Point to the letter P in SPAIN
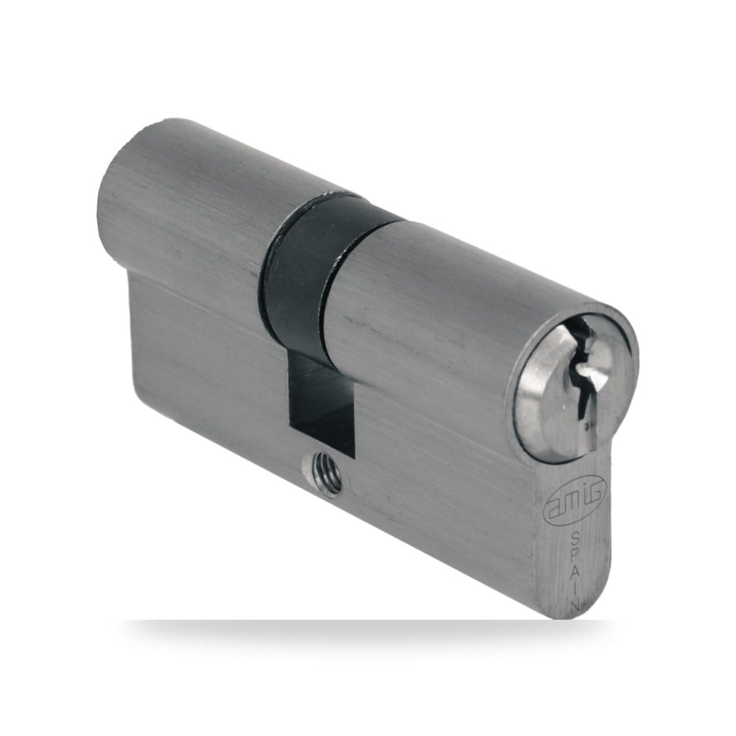click(576, 554)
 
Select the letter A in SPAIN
click(576, 572)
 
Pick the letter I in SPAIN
click(576, 589)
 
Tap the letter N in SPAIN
click(576, 605)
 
